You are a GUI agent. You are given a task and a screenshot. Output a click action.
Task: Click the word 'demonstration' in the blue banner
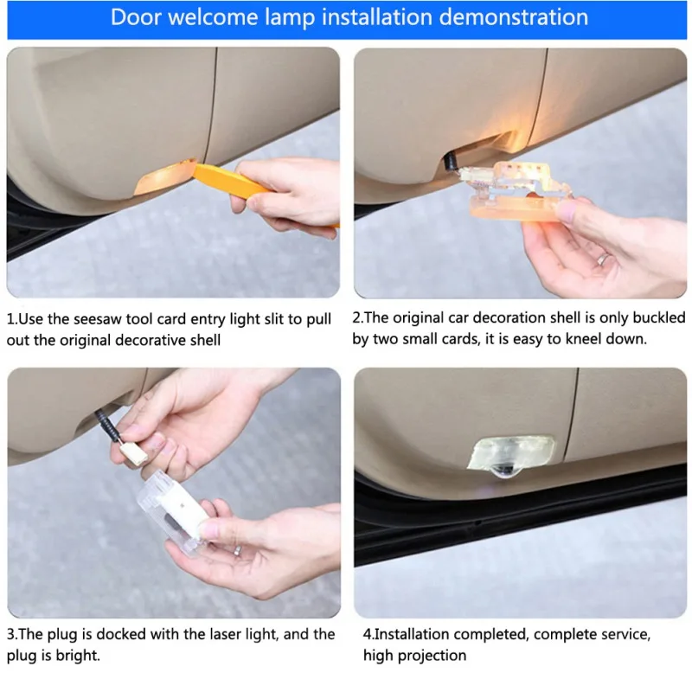[514, 17]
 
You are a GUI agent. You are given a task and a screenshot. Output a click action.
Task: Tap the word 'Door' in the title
[136, 17]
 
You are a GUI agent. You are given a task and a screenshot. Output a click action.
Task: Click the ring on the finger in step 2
[602, 260]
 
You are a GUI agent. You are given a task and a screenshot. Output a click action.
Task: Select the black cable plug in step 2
[452, 163]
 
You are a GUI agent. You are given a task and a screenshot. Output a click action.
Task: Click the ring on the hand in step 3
[237, 550]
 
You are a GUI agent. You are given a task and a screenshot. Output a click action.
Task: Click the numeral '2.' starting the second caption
[358, 317]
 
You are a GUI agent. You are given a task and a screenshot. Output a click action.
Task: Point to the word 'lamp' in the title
[290, 18]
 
